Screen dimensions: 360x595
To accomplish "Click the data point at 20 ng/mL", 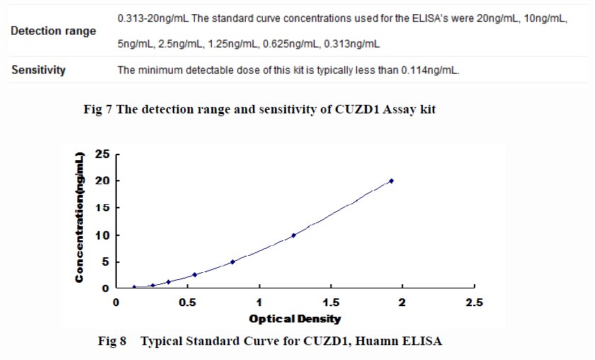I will (391, 181).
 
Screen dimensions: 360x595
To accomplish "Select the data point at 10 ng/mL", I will (293, 235).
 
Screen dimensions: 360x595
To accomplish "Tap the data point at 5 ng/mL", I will (232, 261).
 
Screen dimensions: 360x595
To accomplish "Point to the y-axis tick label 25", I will (103, 154).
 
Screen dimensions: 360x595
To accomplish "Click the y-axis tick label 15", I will (103, 208).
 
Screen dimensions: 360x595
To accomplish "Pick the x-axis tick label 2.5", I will (474, 303).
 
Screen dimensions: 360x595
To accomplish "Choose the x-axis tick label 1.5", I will (331, 303).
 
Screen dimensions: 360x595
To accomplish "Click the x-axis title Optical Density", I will (295, 319).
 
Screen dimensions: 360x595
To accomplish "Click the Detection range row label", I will (54, 32).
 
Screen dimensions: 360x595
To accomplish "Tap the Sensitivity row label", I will (38, 70).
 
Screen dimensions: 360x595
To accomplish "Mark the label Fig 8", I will (112, 342).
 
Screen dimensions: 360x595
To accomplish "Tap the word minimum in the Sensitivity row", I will (157, 70).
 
